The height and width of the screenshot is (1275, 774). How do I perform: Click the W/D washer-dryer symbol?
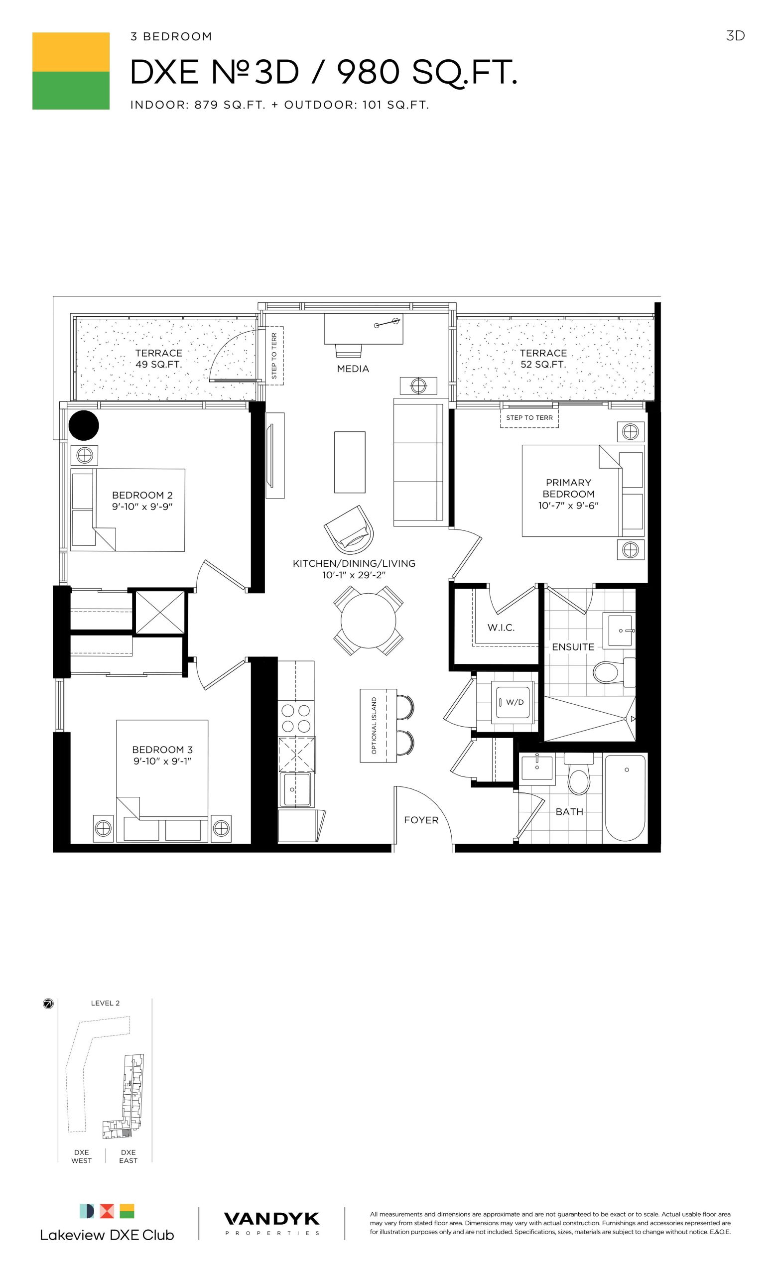coord(513,702)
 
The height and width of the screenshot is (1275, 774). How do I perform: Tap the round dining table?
coord(368,621)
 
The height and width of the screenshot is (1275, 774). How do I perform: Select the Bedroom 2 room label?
coord(142,501)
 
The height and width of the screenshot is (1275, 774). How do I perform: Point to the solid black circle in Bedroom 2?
coord(83,425)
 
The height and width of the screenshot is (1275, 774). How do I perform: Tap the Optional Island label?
coord(374,725)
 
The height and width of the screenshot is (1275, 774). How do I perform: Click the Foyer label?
coord(421,820)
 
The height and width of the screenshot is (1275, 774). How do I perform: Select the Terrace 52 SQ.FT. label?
coord(543,359)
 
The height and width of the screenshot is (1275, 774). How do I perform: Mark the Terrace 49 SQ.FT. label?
coord(158,359)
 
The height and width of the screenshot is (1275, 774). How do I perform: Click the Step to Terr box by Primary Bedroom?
coord(529,417)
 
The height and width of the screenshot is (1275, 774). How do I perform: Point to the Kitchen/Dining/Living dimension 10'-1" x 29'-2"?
coord(354,575)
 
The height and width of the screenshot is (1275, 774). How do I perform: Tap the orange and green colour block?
coord(71,71)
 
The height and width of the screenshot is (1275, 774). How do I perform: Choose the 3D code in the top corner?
coord(735,35)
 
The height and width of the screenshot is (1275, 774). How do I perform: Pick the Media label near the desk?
coord(353,369)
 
